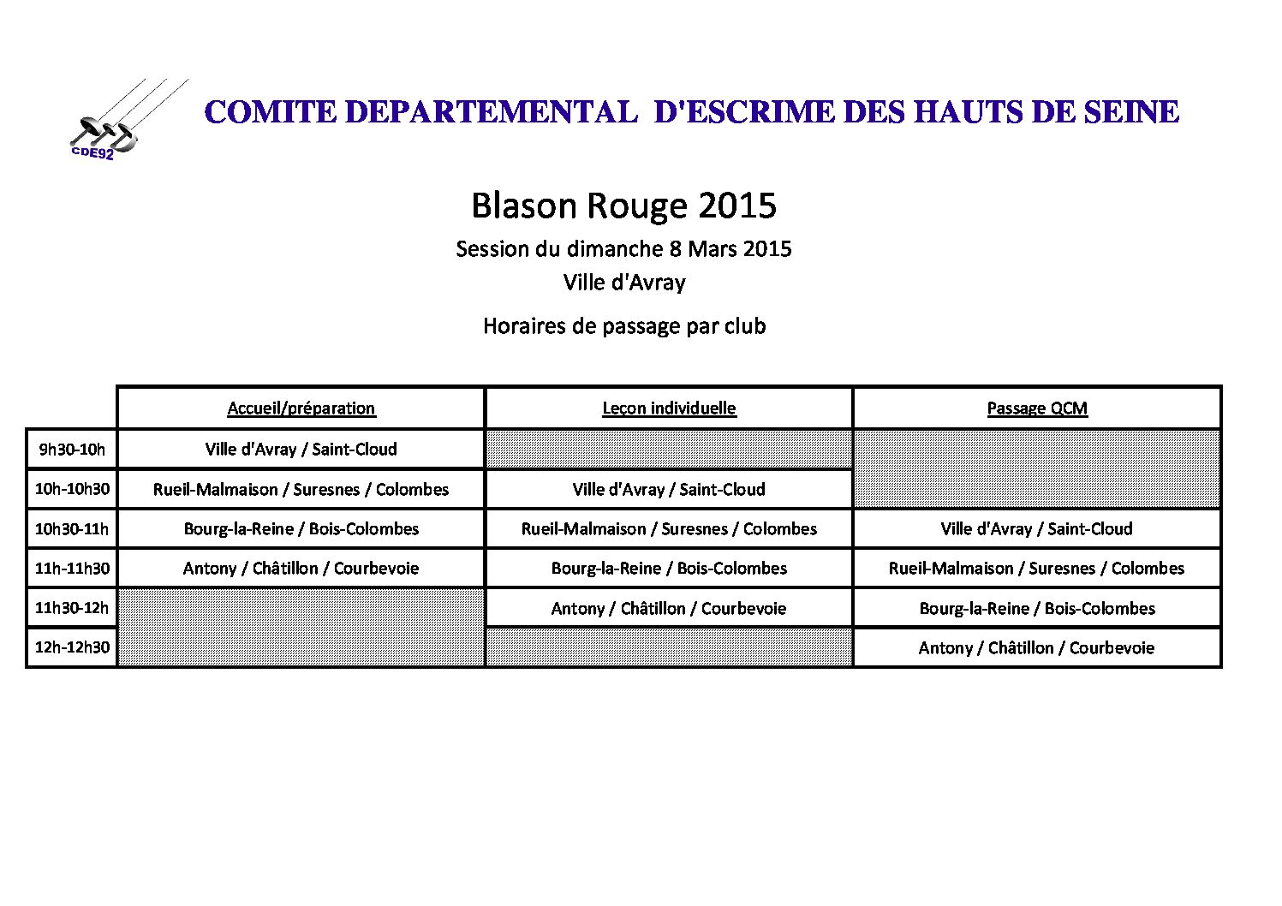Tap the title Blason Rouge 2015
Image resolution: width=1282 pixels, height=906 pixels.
click(x=623, y=206)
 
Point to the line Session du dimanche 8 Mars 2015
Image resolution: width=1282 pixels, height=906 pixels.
click(x=623, y=249)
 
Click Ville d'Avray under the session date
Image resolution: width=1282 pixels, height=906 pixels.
click(x=624, y=283)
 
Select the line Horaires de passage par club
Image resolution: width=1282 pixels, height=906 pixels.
click(x=624, y=326)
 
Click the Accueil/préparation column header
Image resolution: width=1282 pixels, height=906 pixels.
click(x=301, y=408)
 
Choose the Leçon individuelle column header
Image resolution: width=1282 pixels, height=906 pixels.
click(x=669, y=408)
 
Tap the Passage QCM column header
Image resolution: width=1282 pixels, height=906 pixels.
click(x=1037, y=408)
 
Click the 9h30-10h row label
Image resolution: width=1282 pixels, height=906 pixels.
click(x=72, y=449)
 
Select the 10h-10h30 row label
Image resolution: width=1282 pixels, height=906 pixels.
click(x=72, y=489)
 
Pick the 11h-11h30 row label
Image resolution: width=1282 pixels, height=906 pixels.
click(x=72, y=568)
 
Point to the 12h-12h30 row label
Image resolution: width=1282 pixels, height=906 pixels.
click(x=72, y=647)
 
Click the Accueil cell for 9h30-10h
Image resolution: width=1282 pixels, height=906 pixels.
click(x=301, y=449)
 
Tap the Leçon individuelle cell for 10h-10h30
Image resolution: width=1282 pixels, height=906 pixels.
click(x=669, y=489)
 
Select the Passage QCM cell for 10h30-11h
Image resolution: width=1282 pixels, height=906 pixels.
click(x=1037, y=528)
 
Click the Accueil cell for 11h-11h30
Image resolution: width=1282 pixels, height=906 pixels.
click(x=301, y=568)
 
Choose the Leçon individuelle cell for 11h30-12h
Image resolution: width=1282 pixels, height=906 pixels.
click(x=669, y=608)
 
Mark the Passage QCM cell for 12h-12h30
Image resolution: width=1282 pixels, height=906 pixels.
click(x=1037, y=647)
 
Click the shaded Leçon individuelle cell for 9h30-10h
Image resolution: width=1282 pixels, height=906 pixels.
click(x=669, y=449)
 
